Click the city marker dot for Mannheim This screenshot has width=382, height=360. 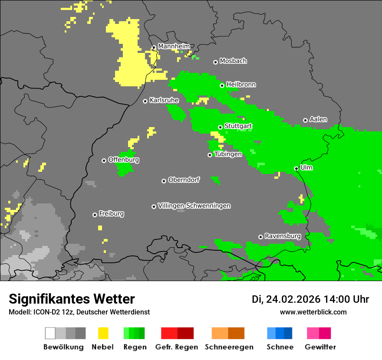tap(154, 48)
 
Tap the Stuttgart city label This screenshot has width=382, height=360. tap(238, 126)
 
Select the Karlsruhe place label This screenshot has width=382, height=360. tap(164, 100)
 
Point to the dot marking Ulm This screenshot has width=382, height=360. tap(296, 168)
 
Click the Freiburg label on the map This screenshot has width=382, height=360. tap(111, 214)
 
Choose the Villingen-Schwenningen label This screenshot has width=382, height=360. tap(194, 206)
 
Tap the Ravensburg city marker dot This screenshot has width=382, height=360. tap(260, 237)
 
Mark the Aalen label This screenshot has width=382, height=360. tap(318, 119)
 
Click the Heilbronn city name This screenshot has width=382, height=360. tap(241, 85)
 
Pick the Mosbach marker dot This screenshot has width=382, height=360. tap(215, 62)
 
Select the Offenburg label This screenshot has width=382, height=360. tap(123, 160)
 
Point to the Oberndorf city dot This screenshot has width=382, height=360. tap(164, 181)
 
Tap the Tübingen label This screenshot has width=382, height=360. tap(228, 154)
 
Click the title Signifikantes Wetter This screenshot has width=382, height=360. tap(72, 299)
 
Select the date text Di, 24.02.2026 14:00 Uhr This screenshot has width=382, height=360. tap(310, 299)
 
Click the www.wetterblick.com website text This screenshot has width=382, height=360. tap(313, 312)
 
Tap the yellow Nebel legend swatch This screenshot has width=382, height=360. tap(103, 333)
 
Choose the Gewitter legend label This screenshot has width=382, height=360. tap(320, 347)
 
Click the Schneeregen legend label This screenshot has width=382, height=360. tap(229, 347)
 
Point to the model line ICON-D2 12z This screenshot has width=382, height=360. tap(79, 312)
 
